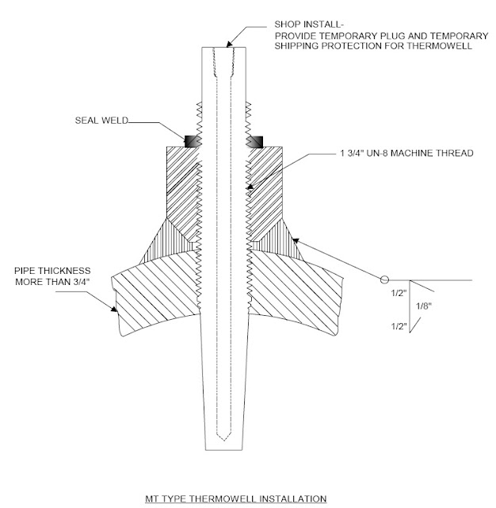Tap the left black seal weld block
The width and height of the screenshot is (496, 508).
click(192, 141)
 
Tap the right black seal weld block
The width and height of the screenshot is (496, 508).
click(255, 141)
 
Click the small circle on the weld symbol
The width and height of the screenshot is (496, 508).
click(383, 279)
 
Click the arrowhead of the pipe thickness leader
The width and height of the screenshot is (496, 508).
click(116, 313)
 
